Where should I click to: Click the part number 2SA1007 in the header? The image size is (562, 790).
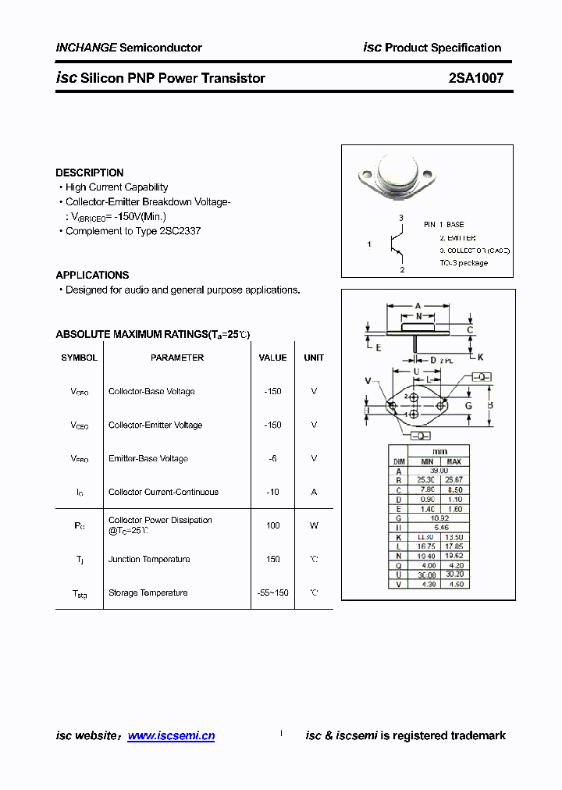(475, 78)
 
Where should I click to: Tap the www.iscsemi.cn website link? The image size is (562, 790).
(171, 735)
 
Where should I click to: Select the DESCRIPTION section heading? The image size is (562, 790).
(90, 173)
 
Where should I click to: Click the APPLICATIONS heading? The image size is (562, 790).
(92, 275)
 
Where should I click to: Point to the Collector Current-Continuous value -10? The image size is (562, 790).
(272, 492)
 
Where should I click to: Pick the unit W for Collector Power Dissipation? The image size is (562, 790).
(314, 525)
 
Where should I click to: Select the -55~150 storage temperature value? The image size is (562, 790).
(272, 592)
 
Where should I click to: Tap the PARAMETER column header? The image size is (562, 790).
(177, 358)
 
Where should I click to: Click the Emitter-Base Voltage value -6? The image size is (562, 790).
(272, 458)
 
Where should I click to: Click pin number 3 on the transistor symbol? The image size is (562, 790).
(401, 217)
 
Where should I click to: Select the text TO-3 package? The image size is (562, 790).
(464, 263)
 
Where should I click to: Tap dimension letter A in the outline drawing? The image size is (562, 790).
(418, 305)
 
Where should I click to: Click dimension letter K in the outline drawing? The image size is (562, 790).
(481, 357)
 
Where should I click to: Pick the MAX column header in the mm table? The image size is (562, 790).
(454, 461)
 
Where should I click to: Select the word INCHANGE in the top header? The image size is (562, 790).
(86, 48)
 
